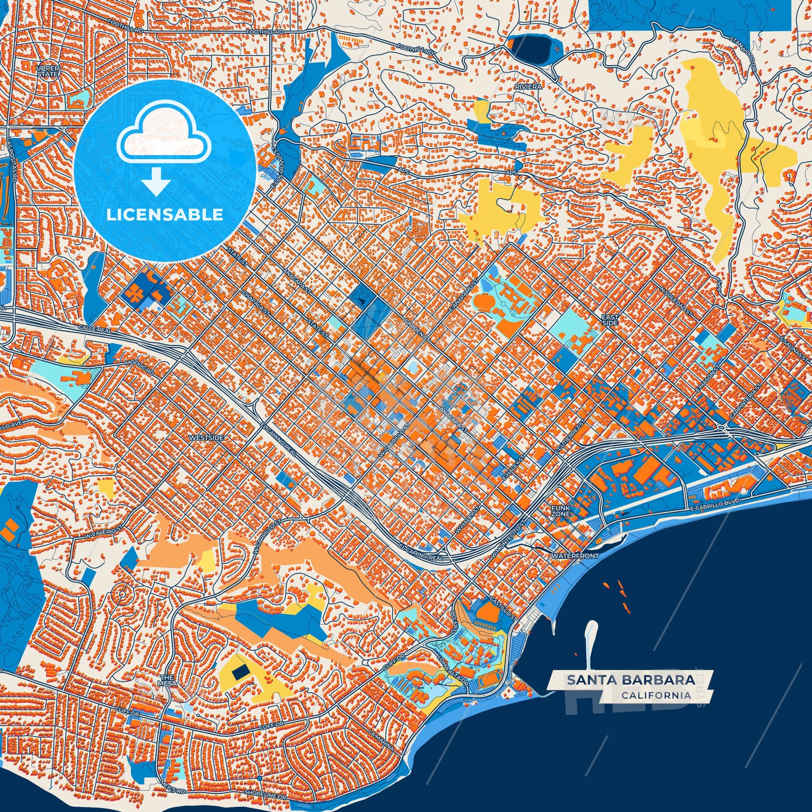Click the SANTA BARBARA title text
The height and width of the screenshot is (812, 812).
pos(630,680)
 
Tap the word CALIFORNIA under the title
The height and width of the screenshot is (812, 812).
pos(656,695)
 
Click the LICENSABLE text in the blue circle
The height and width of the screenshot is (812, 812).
pos(165,215)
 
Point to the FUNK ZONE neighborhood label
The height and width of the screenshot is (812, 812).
pos(560,511)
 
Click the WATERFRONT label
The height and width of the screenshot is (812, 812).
pos(575,556)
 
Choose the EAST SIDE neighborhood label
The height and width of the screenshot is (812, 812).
pos(610,320)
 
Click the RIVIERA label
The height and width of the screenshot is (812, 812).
pos(528,87)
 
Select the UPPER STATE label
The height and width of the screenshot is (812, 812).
pos(48,71)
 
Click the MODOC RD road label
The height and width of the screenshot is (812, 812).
pos(143,369)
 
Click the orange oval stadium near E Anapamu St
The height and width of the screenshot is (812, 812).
pos(483,301)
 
